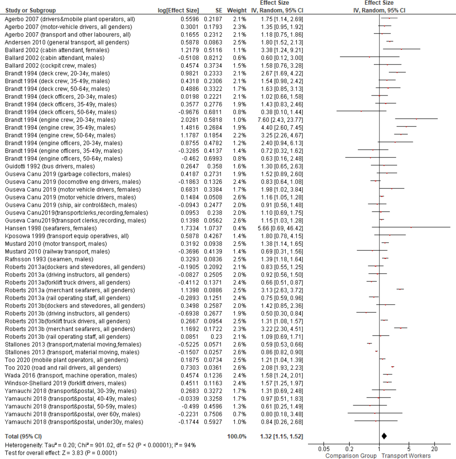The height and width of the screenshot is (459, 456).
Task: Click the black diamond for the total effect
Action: click(384, 436)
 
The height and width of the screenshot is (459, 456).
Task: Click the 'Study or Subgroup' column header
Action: click(31, 10)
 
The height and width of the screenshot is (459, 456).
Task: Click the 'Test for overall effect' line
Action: click(61, 453)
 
